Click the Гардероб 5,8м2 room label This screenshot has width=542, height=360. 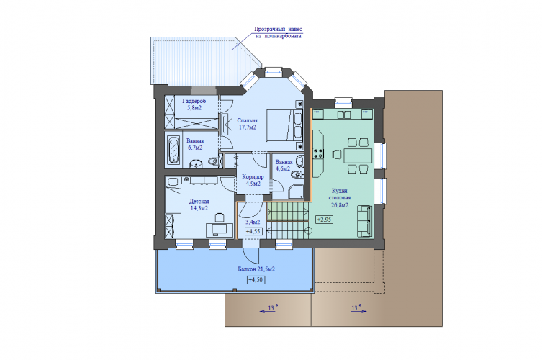click(x=194, y=104)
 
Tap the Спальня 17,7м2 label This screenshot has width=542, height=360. click(x=247, y=124)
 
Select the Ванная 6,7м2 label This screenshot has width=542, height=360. click(x=195, y=144)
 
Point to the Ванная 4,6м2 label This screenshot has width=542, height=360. click(x=284, y=166)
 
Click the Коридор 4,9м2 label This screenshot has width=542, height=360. click(x=253, y=180)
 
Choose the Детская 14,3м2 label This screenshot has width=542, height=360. click(x=199, y=204)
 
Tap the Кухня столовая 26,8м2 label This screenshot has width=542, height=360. click(x=340, y=198)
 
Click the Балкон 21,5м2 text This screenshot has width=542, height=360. click(x=256, y=269)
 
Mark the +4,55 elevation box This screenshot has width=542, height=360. click(x=253, y=231)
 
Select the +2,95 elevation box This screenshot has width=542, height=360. click(x=324, y=220)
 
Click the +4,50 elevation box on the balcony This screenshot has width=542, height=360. click(x=256, y=280)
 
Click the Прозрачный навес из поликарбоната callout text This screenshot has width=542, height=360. click(x=279, y=32)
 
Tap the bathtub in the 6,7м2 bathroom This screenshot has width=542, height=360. click(x=173, y=150)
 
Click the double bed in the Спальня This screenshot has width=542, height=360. click(x=284, y=125)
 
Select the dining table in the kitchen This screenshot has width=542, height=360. click(x=358, y=156)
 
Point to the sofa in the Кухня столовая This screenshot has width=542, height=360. click(x=364, y=221)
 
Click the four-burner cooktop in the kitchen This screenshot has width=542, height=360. click(x=318, y=153)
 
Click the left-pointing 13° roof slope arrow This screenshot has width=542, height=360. click(x=268, y=311)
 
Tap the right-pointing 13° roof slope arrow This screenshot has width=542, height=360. click(x=358, y=311)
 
